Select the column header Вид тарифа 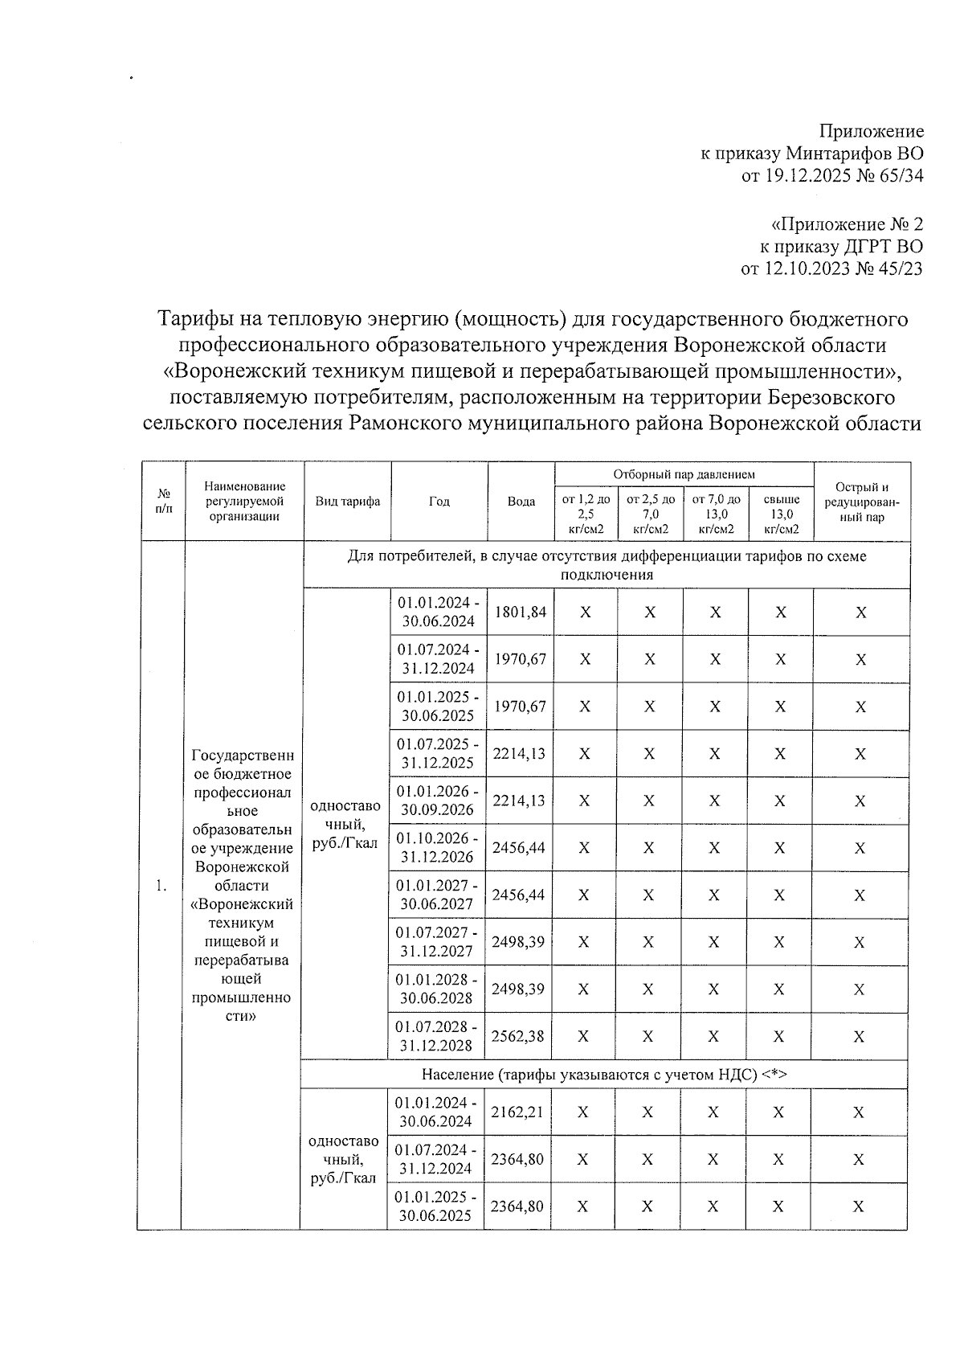(347, 502)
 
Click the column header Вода (521, 502)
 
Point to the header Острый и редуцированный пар (862, 502)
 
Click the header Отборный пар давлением (684, 475)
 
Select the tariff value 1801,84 (520, 612)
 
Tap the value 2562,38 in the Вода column (518, 1037)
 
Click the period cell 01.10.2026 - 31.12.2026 (438, 848)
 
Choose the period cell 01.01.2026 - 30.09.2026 (438, 801)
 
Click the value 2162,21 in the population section (517, 1112)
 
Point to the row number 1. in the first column (162, 886)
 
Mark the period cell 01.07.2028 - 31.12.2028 (438, 1037)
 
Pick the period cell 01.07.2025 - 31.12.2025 (439, 754)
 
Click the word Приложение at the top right (871, 131)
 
